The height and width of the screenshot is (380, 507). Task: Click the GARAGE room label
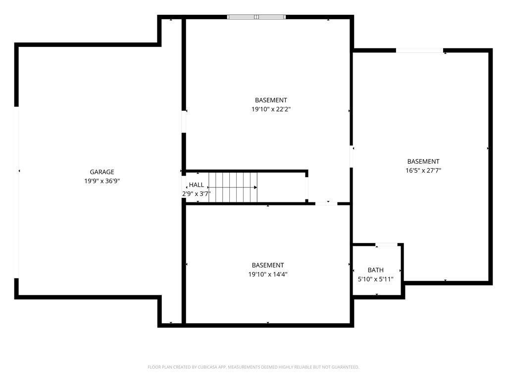102,172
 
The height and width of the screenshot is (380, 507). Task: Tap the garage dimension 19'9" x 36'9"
102,181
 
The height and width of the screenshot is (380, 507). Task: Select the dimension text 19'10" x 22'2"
270,109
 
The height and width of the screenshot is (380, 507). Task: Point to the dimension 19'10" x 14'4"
267,274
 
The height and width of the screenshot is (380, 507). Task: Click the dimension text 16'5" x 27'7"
423,170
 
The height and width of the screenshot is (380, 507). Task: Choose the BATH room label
375,270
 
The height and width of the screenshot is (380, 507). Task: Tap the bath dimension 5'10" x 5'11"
375,279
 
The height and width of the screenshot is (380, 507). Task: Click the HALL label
197,185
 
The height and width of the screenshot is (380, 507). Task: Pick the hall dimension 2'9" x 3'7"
197,193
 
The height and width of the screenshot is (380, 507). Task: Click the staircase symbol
233,188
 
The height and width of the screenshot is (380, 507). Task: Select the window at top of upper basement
256,17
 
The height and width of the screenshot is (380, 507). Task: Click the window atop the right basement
419,50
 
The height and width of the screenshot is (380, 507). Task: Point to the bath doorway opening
387,244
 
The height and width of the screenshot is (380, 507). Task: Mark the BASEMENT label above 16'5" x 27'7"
423,161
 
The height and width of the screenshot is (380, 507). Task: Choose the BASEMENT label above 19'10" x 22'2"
271,100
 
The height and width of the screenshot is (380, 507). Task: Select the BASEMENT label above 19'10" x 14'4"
267,265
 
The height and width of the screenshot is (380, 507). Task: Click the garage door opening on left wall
16,192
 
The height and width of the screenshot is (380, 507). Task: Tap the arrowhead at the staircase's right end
255,188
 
